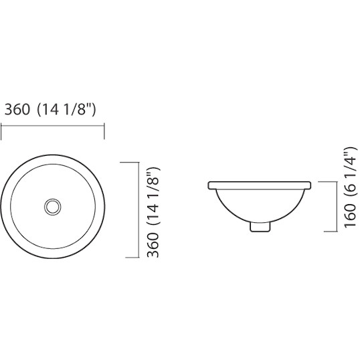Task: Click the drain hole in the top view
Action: click(53, 207)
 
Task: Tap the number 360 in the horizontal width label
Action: click(17, 109)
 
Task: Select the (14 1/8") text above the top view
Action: click(66, 110)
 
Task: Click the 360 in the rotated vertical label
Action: click(153, 245)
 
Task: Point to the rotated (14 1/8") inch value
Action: click(153, 197)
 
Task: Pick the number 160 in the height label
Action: click(351, 215)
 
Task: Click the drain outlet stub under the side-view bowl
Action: click(260, 227)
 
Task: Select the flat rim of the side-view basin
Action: click(260, 185)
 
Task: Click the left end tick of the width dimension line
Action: click(1, 131)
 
